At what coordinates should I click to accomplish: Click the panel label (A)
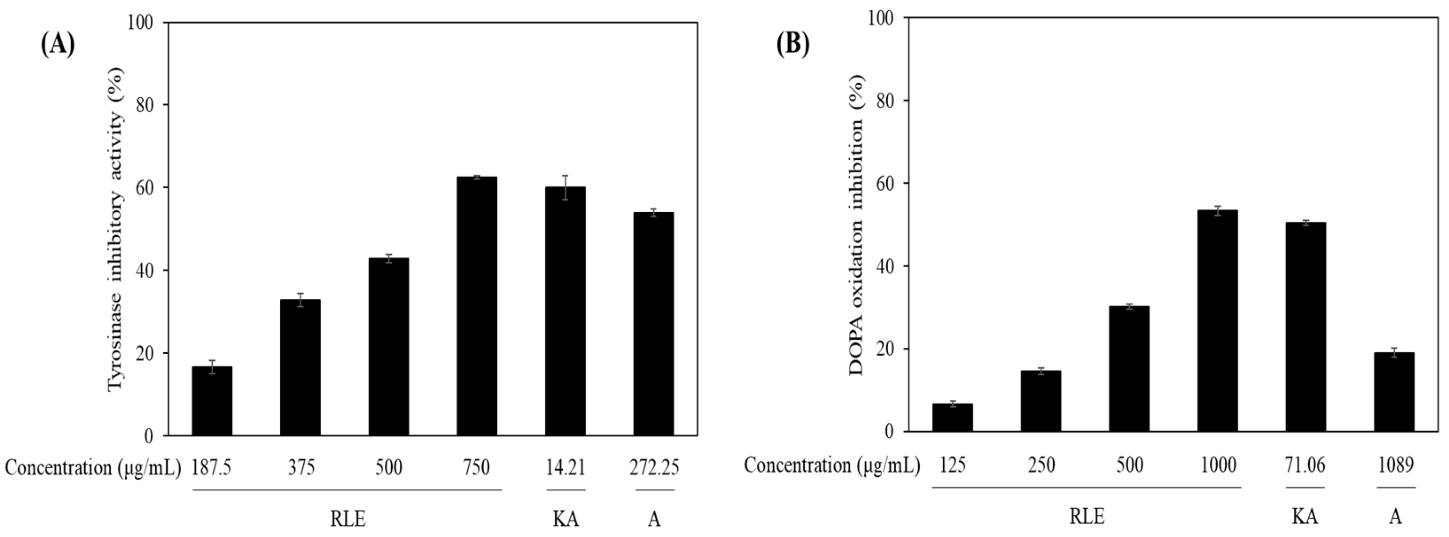coord(57,44)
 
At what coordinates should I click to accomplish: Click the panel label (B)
coord(793,44)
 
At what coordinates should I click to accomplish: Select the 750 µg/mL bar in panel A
coord(477,306)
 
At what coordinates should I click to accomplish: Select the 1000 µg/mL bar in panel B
coord(1217,321)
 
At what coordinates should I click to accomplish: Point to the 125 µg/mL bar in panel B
coord(952,417)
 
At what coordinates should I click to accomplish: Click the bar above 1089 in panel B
coord(1394,392)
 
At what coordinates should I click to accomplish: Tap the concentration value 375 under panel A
coord(301,467)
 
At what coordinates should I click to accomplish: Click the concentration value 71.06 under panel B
coord(1305,465)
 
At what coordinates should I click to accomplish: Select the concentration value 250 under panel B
coord(1041,465)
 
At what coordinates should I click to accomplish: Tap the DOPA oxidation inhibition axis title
coord(856,225)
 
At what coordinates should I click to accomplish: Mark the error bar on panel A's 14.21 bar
coord(565,188)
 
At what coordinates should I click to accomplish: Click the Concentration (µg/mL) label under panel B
coord(831,465)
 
